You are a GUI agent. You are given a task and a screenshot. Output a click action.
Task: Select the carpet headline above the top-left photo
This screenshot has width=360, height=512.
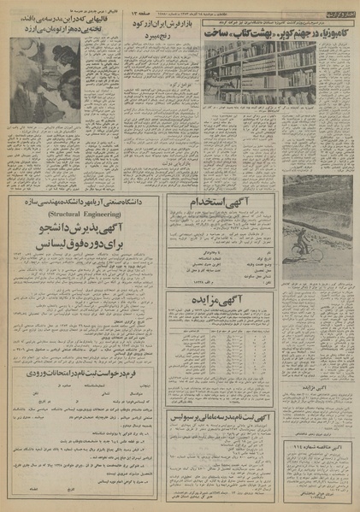pos(44,23)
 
